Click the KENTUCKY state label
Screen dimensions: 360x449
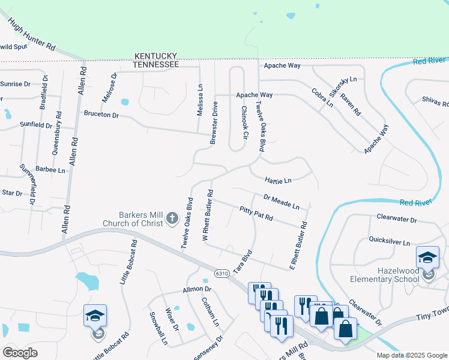(155, 55)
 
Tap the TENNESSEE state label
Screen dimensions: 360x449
(155, 64)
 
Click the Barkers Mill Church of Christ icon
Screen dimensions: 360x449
(172, 218)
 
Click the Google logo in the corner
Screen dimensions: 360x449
(20, 352)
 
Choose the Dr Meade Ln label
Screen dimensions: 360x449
(281, 202)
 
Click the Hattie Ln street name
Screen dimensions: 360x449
(278, 179)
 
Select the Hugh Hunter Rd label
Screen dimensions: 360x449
(32, 34)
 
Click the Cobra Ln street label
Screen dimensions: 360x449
(322, 98)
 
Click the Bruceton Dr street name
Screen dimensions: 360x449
(101, 113)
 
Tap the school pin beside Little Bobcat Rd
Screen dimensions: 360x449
(95, 316)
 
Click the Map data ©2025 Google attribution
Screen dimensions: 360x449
(411, 355)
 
